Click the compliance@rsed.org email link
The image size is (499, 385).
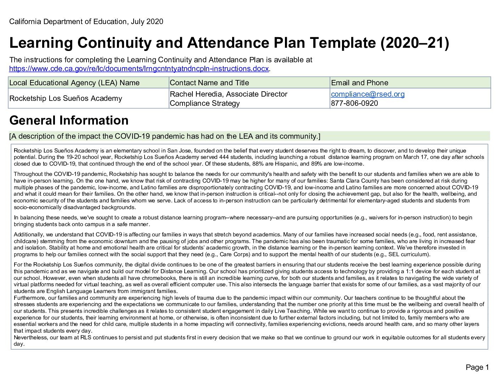[x=368, y=94]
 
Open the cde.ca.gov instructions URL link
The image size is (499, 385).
[x=139, y=69]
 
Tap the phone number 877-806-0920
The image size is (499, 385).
[x=354, y=103]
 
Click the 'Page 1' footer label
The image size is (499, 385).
[x=477, y=367]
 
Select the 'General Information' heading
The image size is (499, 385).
[x=69, y=121]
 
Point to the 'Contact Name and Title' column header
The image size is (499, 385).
[x=209, y=83]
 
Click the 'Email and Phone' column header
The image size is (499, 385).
[x=359, y=83]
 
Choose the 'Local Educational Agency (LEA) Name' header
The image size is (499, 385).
[x=74, y=83]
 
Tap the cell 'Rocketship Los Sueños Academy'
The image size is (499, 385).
[x=66, y=98]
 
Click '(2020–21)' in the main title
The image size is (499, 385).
[x=414, y=43]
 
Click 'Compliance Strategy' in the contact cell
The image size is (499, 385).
[x=204, y=103]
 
